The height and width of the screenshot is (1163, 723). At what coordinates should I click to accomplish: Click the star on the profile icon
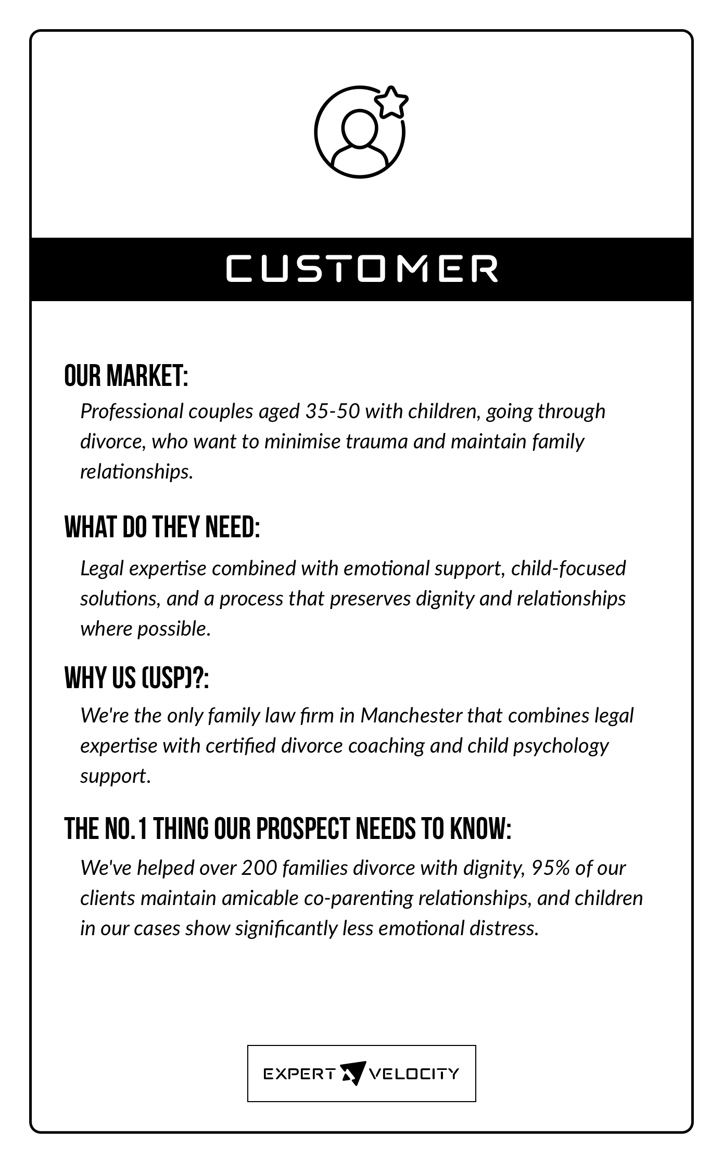(391, 102)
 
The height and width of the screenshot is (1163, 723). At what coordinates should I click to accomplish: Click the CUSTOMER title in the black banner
(362, 269)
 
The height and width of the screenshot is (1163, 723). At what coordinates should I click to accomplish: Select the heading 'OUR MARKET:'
(126, 376)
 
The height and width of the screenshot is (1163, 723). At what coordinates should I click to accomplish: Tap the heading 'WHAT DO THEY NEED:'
(162, 527)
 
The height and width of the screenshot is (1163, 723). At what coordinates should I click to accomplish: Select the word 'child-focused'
(568, 568)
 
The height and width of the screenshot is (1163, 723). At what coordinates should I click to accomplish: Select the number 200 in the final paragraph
(261, 868)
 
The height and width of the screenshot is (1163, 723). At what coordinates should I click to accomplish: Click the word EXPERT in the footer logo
(299, 1074)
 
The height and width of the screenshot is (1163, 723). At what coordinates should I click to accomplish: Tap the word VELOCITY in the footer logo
(414, 1074)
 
